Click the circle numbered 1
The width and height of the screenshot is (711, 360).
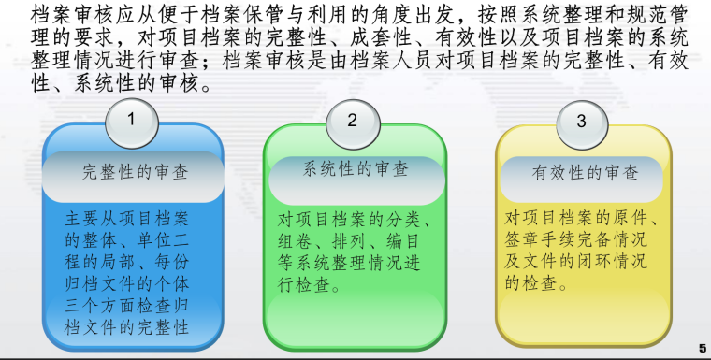(x=131, y=120)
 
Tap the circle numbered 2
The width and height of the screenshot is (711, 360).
(x=352, y=120)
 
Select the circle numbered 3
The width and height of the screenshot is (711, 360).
(x=581, y=121)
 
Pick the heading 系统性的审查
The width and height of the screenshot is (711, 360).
(x=356, y=169)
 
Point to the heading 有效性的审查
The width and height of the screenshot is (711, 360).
(x=585, y=172)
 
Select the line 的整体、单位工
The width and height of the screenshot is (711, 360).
(x=126, y=240)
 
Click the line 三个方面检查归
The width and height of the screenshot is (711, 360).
(x=126, y=306)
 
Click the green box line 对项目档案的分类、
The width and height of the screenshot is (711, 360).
(x=355, y=220)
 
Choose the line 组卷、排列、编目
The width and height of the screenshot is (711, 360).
(x=351, y=241)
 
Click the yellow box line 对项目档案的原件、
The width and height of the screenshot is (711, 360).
(x=583, y=219)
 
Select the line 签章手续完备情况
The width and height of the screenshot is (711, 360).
(x=578, y=240)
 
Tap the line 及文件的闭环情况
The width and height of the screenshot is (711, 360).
(x=578, y=262)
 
